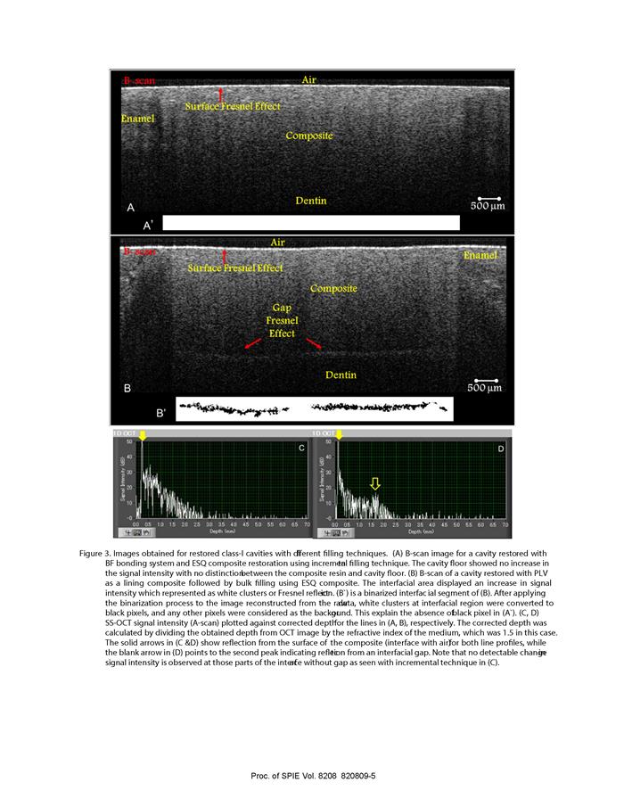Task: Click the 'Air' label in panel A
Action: [x=309, y=80]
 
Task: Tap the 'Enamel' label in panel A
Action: [x=137, y=119]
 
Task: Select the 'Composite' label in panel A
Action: [x=309, y=136]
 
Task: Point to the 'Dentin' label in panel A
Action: [x=311, y=201]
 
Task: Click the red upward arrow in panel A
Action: [x=222, y=94]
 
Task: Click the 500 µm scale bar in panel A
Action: [x=486, y=198]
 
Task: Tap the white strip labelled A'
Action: [x=311, y=223]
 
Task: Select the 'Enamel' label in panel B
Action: [x=481, y=256]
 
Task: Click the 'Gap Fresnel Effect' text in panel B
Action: [x=282, y=319]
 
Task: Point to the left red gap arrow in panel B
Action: [x=253, y=343]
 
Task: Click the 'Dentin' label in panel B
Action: [x=340, y=375]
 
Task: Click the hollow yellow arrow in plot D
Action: [x=375, y=483]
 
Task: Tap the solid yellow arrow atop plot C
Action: [x=142, y=434]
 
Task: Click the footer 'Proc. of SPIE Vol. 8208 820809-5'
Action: [x=311, y=776]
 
